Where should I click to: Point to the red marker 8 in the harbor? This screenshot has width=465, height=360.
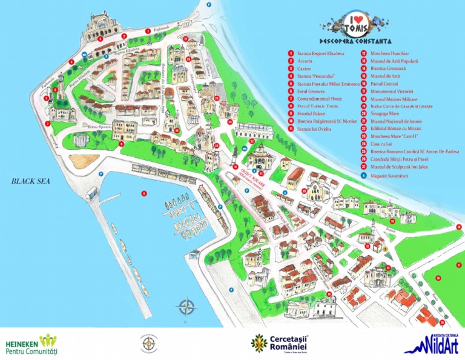click(x=144, y=194)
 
